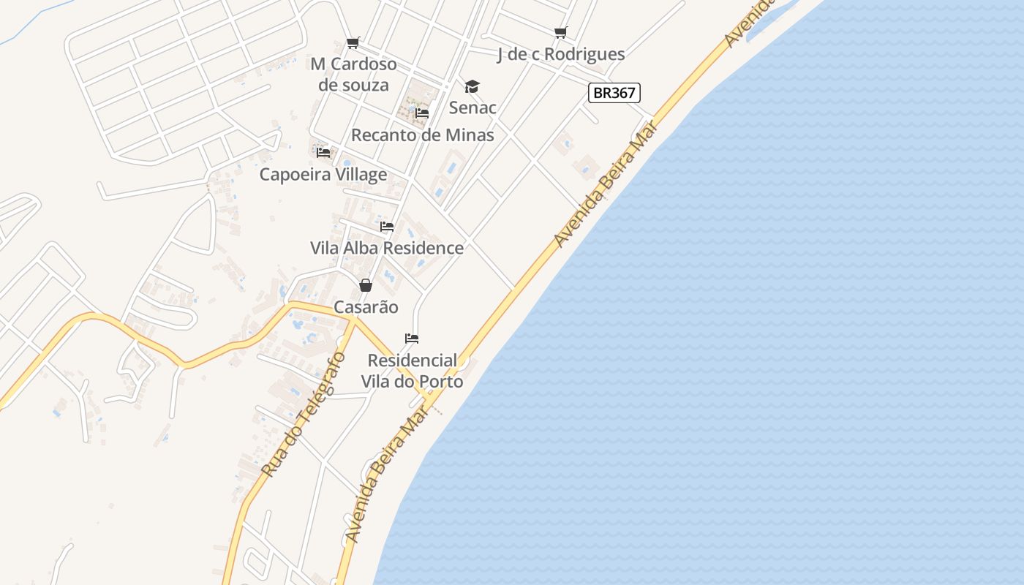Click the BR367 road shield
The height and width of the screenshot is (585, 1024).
[614, 93]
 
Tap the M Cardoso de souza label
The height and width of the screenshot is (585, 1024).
[354, 75]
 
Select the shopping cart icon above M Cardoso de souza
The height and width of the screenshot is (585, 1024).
[353, 42]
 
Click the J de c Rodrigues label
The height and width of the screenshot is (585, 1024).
[561, 54]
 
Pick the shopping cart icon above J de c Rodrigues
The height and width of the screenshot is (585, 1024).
[560, 32]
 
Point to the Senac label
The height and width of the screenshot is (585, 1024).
[473, 107]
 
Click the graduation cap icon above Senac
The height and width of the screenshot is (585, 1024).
[472, 87]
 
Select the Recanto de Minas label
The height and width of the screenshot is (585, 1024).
[423, 135]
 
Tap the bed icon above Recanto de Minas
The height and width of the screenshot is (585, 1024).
[422, 113]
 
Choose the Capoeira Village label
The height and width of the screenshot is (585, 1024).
[323, 175]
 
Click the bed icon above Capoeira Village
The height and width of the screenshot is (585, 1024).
[323, 153]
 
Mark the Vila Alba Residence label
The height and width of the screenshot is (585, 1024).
[387, 248]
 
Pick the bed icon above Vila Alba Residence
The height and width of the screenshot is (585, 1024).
[387, 227]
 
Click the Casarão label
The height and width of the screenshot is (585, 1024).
[366, 307]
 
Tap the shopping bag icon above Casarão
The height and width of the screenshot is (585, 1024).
[366, 285]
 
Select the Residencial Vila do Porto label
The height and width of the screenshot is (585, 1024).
[413, 371]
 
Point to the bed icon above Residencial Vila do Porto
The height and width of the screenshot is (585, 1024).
[412, 339]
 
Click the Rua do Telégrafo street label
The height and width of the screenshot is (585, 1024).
[303, 415]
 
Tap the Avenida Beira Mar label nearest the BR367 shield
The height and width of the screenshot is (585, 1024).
[606, 187]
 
